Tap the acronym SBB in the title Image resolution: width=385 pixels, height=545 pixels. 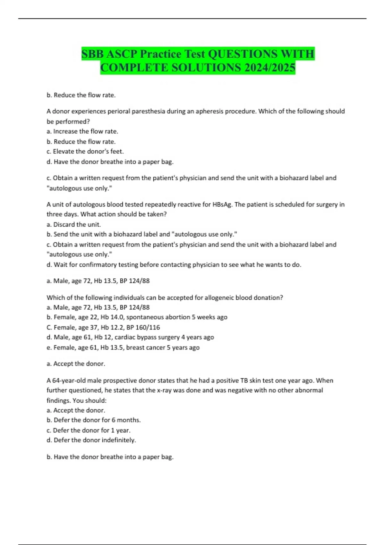click(x=93, y=54)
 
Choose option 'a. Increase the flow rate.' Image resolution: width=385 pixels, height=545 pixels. click(x=82, y=131)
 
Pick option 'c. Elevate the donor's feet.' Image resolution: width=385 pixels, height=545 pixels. click(x=85, y=151)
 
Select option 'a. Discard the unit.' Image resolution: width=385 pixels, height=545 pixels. click(x=74, y=224)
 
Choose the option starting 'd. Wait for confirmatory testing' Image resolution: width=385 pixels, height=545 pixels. click(x=174, y=265)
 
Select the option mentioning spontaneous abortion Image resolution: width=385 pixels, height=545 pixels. click(x=137, y=317)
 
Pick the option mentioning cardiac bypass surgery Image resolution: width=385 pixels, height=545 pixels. click(x=130, y=337)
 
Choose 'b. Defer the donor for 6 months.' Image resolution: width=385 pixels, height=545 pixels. click(x=94, y=420)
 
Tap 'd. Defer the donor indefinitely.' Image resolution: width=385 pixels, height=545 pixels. click(x=91, y=440)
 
